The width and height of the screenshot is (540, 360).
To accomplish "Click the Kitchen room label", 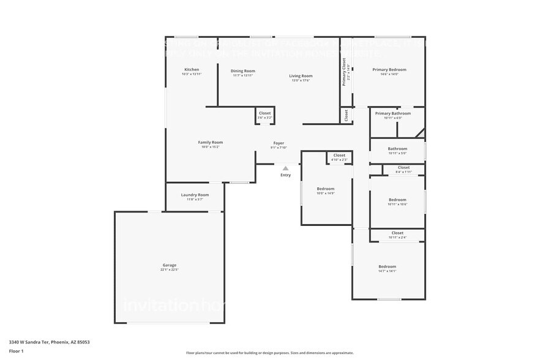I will [192, 70].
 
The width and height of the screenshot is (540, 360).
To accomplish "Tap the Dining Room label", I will [243, 71].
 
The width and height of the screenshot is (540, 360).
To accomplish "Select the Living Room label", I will [301, 76].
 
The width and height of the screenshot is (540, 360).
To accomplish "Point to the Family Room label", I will [210, 142].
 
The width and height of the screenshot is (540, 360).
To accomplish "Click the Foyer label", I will [279, 143].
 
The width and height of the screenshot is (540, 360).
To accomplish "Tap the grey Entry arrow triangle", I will [285, 168].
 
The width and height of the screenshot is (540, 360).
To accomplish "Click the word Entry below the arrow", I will [285, 175].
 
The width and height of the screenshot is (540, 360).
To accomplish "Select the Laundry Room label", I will [195, 195].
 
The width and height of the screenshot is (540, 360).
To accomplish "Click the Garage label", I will [170, 265].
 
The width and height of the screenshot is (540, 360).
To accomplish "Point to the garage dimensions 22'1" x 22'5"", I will [170, 269].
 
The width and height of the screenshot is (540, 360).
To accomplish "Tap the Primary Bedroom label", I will [389, 69].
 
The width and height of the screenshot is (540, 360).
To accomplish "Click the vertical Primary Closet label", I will [344, 72].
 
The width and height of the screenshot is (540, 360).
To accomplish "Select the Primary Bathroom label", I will [392, 113].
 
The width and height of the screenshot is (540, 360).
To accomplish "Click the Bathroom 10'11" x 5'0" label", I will [397, 149].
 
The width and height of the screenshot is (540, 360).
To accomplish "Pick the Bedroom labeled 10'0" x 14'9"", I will [325, 189].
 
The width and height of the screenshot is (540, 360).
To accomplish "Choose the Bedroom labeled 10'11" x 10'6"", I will [397, 200].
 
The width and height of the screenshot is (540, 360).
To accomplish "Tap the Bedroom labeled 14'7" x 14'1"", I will [387, 266].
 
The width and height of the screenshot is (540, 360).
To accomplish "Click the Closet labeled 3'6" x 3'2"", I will [264, 113].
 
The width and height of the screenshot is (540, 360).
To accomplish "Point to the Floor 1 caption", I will [16, 351].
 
